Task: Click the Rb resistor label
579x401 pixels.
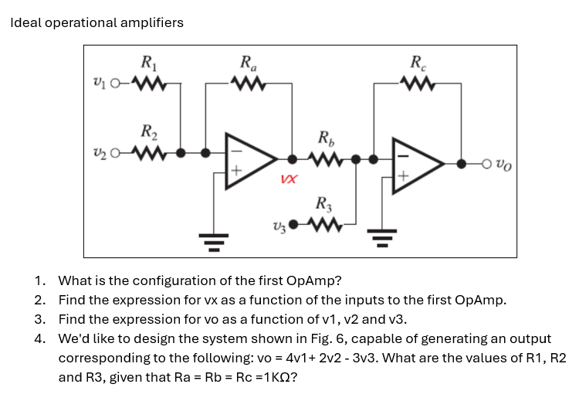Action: (x=326, y=142)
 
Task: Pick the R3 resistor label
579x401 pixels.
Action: (x=323, y=206)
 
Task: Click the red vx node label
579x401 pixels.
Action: (x=287, y=179)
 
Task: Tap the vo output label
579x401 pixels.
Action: (x=501, y=164)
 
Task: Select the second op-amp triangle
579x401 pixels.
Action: (x=418, y=164)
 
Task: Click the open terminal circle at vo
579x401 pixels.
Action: (x=486, y=164)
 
